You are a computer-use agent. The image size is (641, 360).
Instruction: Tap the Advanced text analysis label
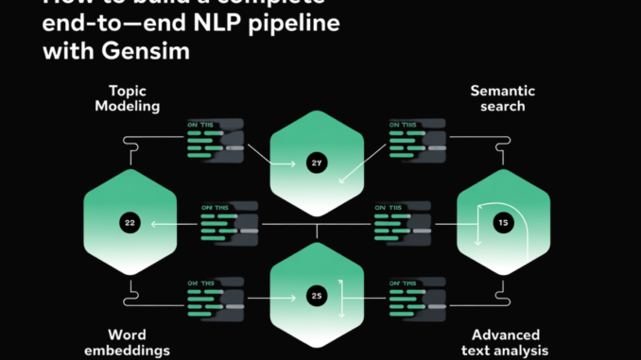click(x=506, y=342)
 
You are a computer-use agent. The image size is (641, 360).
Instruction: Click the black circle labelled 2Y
click(x=317, y=163)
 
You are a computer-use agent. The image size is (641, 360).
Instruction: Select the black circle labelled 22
click(x=130, y=223)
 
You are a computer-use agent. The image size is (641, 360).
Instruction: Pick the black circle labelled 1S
click(x=503, y=223)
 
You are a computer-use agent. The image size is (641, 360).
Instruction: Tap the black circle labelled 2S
click(x=317, y=296)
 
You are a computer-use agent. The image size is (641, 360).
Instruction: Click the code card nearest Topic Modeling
click(x=216, y=138)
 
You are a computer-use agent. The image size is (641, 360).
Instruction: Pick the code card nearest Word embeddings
click(x=216, y=296)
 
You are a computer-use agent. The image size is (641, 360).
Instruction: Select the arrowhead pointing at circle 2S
click(x=299, y=296)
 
